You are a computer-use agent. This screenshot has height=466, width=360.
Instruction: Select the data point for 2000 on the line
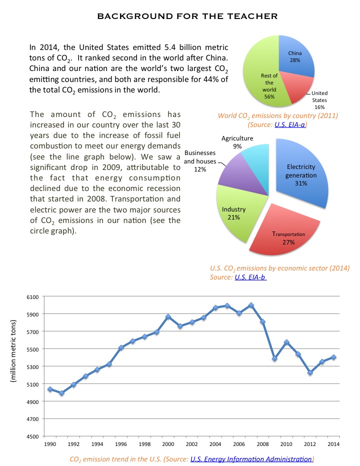(168, 316)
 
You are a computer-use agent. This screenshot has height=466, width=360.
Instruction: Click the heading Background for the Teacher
(187, 16)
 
